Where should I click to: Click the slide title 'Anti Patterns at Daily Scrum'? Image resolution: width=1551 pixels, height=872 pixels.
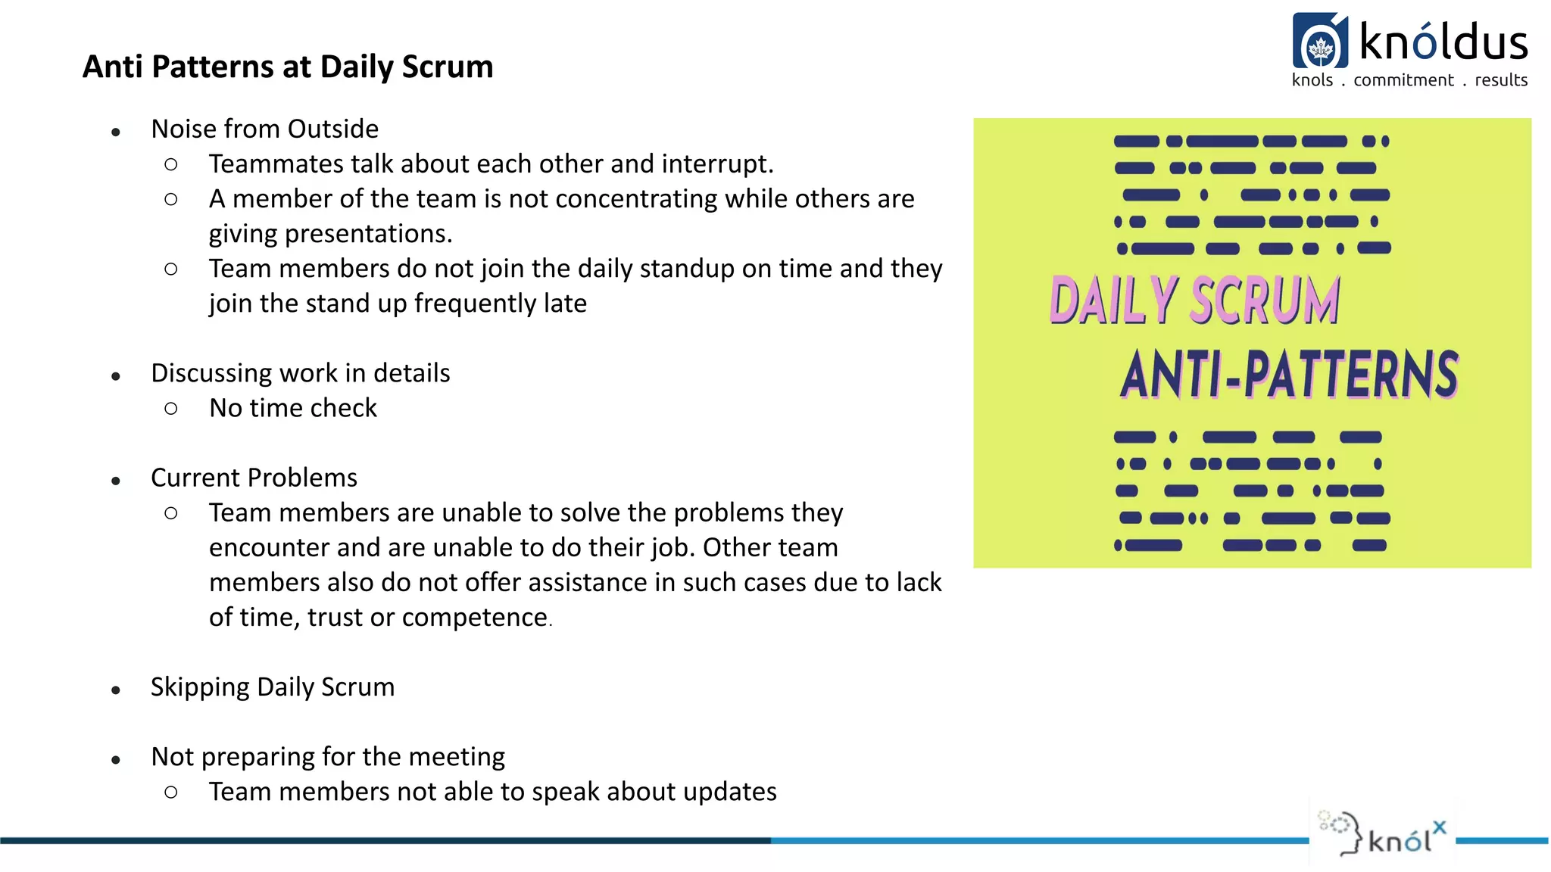point(288,67)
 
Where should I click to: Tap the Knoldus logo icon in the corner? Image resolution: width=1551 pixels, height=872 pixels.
point(1320,42)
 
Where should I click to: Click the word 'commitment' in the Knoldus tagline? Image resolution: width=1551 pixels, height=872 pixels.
point(1403,80)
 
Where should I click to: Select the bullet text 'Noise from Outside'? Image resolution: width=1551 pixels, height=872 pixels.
point(264,129)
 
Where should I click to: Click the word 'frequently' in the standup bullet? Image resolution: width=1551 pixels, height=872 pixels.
point(475,303)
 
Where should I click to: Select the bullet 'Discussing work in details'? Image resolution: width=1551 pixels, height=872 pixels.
point(300,373)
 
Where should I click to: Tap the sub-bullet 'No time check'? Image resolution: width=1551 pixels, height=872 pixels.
point(292,408)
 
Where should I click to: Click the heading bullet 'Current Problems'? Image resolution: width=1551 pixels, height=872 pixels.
point(254,478)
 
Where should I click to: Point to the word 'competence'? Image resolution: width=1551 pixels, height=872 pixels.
point(474,618)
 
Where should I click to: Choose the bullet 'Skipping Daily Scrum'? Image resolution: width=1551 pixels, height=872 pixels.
point(272,687)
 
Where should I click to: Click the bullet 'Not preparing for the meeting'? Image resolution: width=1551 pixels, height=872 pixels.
point(327,757)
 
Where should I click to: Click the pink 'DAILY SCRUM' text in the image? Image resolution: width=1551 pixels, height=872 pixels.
point(1194,301)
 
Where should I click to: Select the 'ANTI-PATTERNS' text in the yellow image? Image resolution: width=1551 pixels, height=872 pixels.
point(1288,374)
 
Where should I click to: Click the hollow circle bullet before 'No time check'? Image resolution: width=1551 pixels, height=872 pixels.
point(171,409)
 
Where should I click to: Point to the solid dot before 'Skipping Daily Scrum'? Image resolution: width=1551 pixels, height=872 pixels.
point(116,690)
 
